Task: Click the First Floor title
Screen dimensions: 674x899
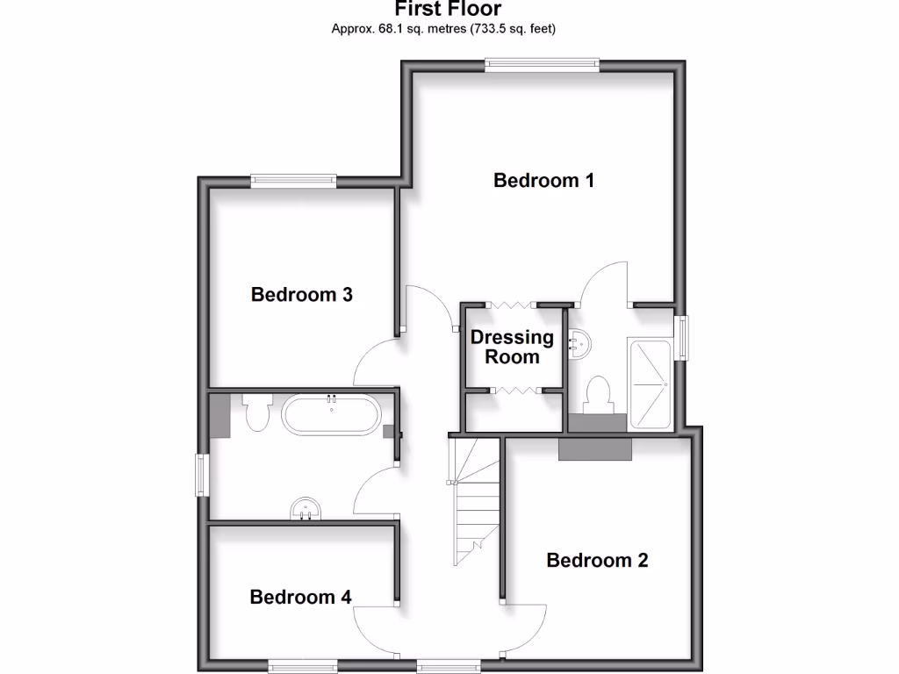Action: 448,10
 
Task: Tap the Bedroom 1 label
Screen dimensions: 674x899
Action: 543,181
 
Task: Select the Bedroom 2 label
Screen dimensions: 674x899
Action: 597,560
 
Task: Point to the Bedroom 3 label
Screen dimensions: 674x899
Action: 301,294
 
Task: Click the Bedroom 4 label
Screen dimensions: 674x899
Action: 300,597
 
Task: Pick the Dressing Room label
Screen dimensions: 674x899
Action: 512,347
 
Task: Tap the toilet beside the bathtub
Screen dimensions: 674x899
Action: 256,412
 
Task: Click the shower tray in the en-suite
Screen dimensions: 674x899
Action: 651,384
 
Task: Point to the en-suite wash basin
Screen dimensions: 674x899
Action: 579,343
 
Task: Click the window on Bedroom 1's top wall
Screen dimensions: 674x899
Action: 543,63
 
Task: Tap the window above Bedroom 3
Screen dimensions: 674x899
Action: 293,181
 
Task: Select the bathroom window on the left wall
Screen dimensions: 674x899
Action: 202,475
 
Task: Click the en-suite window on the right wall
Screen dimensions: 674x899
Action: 681,338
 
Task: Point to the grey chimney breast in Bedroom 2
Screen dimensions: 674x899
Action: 595,448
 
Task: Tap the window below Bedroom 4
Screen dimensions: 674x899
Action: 303,664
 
